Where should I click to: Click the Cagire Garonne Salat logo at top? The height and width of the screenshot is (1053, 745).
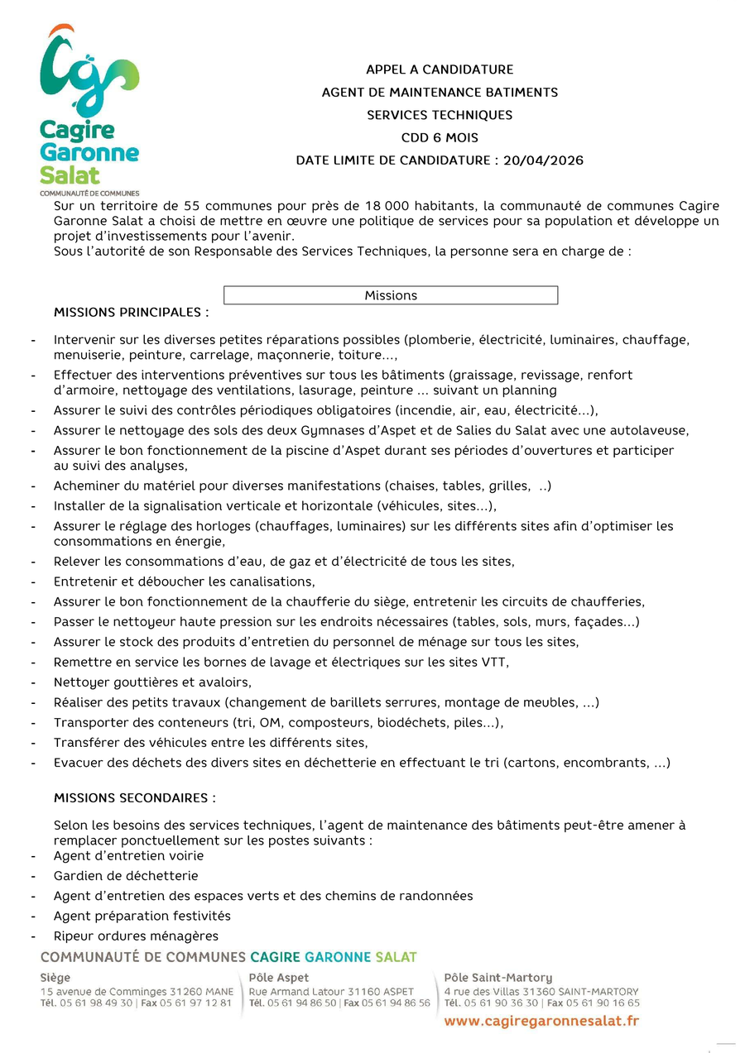[x=89, y=108]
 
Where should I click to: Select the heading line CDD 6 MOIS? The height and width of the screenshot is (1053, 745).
[x=440, y=138]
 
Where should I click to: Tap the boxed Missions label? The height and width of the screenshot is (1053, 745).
[x=391, y=295]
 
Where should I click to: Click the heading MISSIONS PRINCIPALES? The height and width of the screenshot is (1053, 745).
[x=131, y=313]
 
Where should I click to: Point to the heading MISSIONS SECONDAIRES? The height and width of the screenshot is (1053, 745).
[x=134, y=798]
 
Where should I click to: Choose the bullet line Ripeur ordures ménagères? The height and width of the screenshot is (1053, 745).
[x=136, y=936]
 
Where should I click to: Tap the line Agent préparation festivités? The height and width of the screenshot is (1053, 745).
[x=142, y=917]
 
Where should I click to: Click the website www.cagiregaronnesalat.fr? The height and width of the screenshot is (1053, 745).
[x=541, y=1022]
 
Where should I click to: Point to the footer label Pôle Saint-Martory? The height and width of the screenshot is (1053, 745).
[x=497, y=978]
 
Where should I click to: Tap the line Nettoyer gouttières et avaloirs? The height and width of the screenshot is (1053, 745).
[x=152, y=682]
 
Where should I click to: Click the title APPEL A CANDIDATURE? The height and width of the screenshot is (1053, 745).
[x=440, y=69]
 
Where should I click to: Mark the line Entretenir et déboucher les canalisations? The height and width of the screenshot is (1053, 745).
[x=184, y=582]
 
